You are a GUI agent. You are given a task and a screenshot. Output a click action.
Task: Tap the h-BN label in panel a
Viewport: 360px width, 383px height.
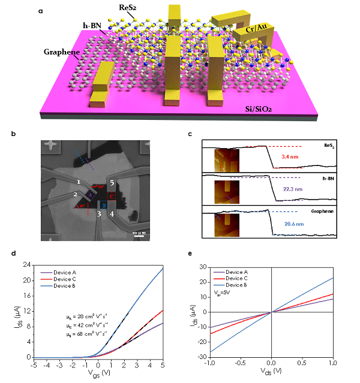tap(95, 26)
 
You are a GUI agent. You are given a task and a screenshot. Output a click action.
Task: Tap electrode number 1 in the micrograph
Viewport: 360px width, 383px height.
tap(79, 181)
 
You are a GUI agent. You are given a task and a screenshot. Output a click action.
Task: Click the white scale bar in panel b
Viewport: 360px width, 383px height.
tap(137, 236)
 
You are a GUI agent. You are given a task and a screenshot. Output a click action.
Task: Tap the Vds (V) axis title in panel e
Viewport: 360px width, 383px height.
tap(272, 376)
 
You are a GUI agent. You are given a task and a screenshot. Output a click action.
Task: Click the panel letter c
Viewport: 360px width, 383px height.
tap(190, 134)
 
